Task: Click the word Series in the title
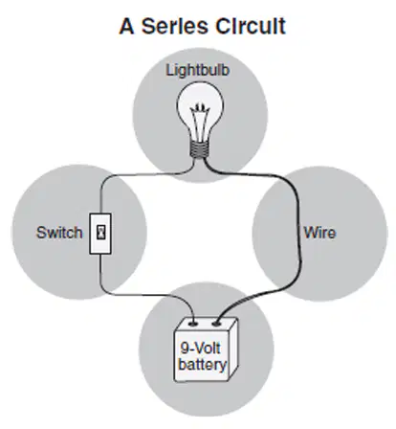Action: pyautogui.click(x=175, y=26)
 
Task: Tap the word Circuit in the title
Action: pyautogui.click(x=251, y=26)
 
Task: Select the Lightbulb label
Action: pyautogui.click(x=198, y=70)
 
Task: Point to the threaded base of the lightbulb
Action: pyautogui.click(x=200, y=149)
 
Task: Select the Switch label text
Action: pyautogui.click(x=59, y=233)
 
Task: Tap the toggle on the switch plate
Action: pyautogui.click(x=101, y=233)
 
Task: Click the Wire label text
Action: pyautogui.click(x=319, y=233)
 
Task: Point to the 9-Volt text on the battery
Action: pyautogui.click(x=200, y=348)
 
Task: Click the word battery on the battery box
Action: pyautogui.click(x=203, y=364)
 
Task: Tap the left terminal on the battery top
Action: pyautogui.click(x=193, y=324)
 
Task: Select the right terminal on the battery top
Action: pyautogui.click(x=216, y=325)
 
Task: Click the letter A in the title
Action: pyautogui.click(x=126, y=26)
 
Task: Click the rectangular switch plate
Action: pyautogui.click(x=100, y=234)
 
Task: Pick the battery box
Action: pyautogui.click(x=206, y=350)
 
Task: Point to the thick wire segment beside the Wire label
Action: pyautogui.click(x=298, y=233)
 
